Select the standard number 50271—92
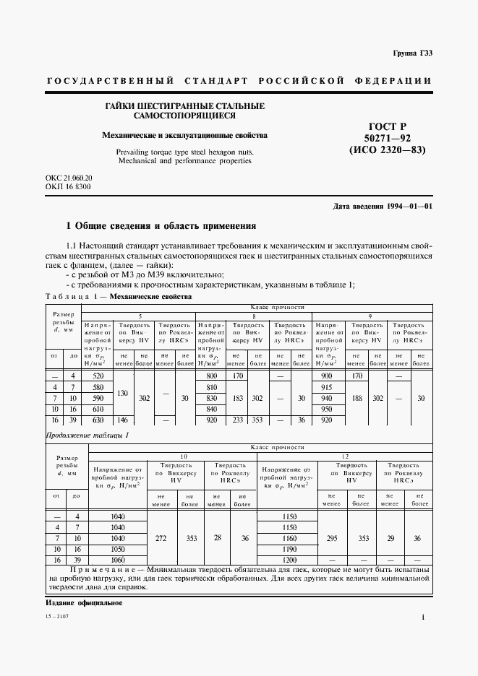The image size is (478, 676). tap(387, 138)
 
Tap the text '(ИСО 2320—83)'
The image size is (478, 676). tap(387, 150)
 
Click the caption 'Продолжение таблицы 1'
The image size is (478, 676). tap(88, 435)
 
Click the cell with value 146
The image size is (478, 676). tap(124, 420)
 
